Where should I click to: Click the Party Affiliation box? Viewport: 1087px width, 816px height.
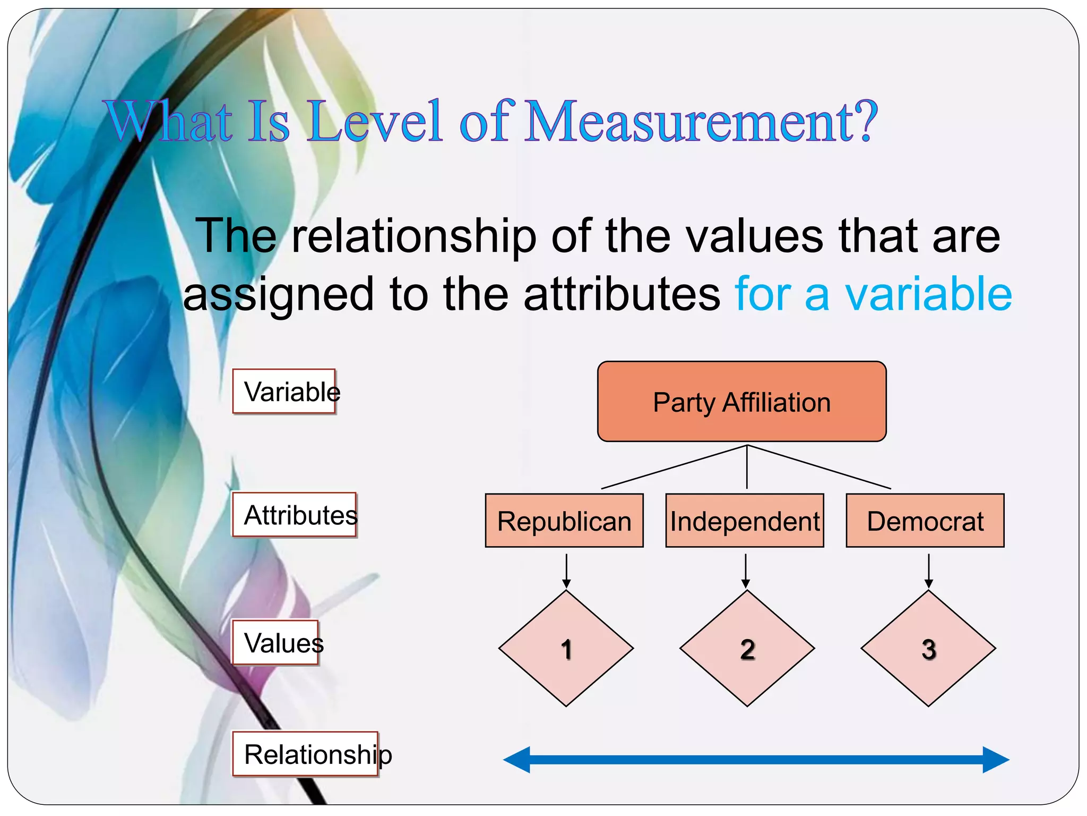(x=741, y=402)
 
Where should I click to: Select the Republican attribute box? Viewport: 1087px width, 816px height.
(x=564, y=521)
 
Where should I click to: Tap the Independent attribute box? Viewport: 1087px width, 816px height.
(x=745, y=521)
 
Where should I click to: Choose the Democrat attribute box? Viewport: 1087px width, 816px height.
(x=925, y=521)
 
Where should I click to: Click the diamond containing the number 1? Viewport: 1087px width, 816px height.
(x=566, y=649)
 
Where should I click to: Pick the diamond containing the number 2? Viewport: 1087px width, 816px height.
(x=747, y=649)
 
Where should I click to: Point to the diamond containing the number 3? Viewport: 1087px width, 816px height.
(x=928, y=649)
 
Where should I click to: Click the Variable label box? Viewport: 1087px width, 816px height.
(x=284, y=392)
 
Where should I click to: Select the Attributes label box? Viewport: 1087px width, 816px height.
(x=295, y=515)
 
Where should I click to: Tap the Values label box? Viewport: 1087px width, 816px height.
(x=276, y=643)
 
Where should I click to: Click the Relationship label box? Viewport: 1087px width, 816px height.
(x=306, y=754)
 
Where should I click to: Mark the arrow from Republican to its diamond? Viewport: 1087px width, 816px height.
(x=566, y=571)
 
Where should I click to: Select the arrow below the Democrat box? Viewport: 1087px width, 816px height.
(x=928, y=571)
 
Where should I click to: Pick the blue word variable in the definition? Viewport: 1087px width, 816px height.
(x=929, y=294)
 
